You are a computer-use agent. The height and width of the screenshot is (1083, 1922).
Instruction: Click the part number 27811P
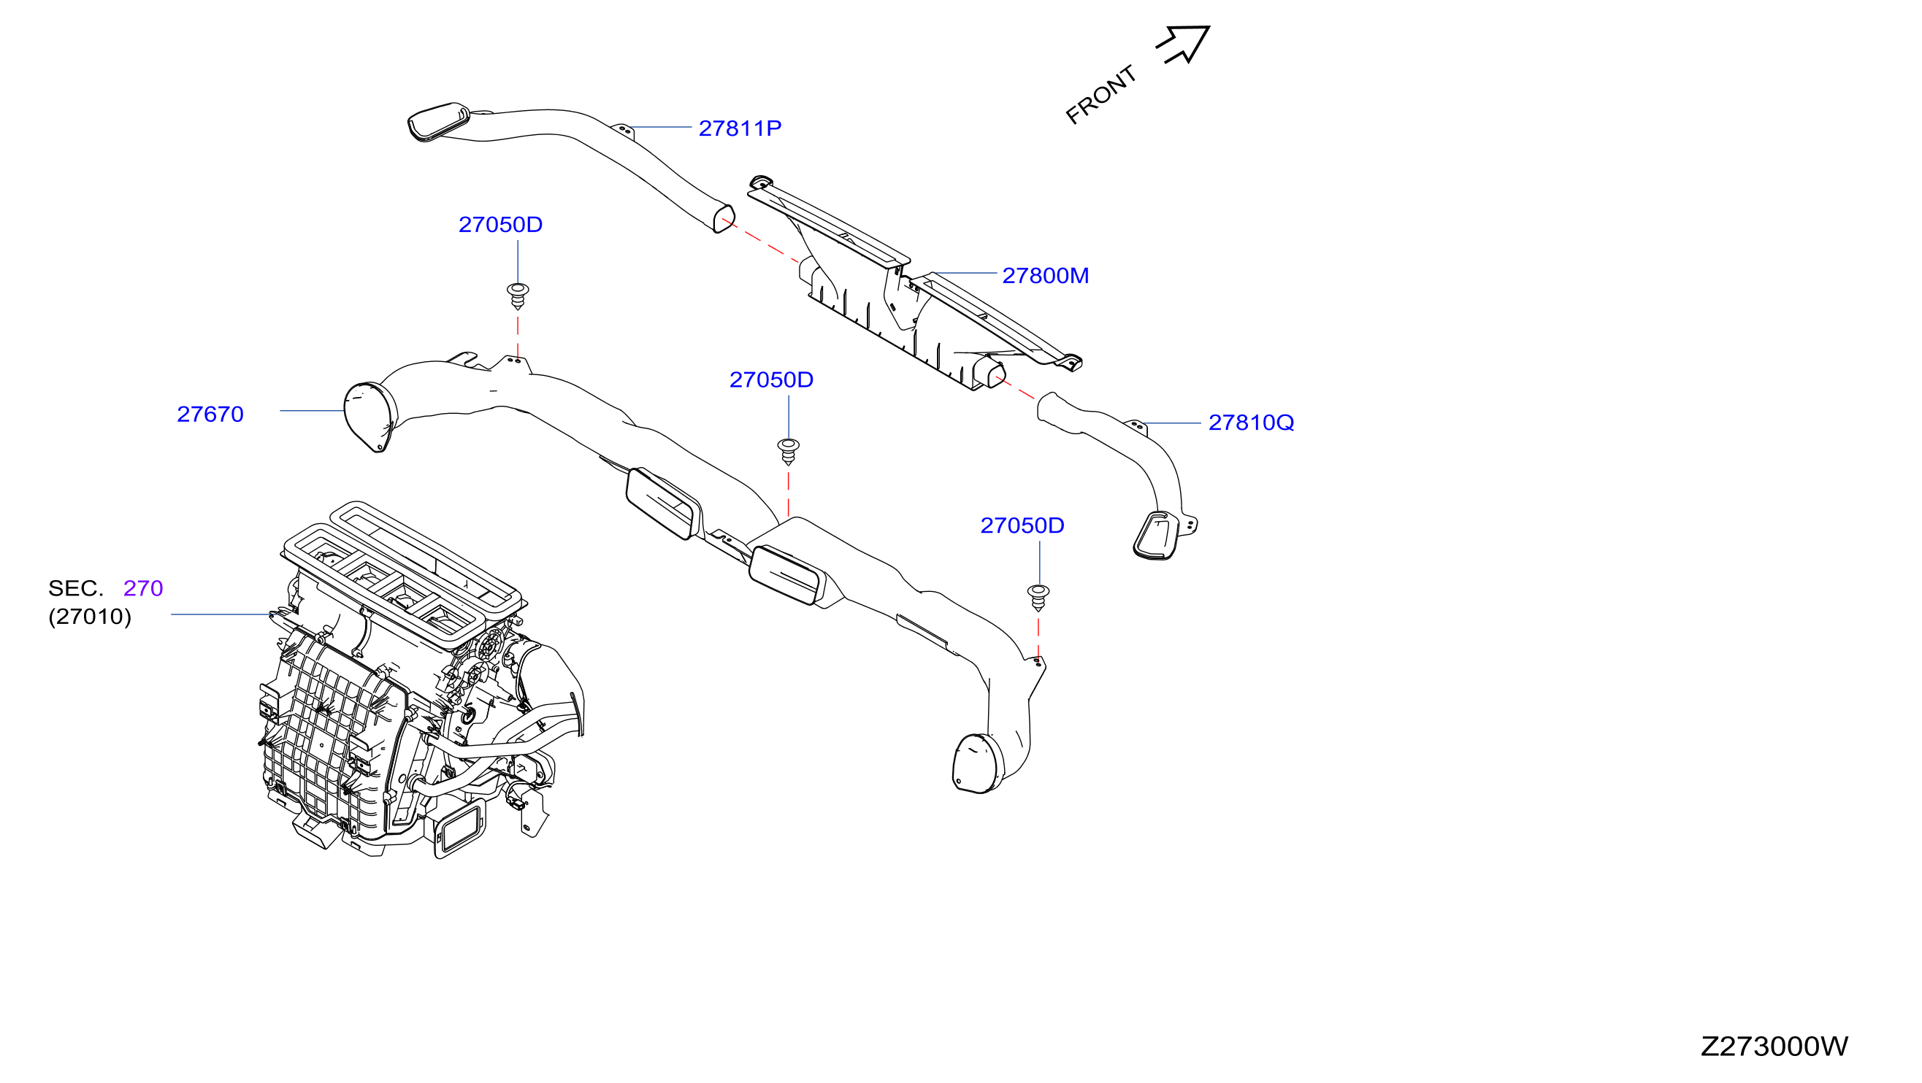740,128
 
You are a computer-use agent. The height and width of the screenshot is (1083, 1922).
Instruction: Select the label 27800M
1045,276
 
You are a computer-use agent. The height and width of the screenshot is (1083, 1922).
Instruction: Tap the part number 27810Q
1250,423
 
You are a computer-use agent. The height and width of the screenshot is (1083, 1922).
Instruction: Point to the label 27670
210,414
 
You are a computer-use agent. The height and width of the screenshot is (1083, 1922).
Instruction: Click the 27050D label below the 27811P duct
500,225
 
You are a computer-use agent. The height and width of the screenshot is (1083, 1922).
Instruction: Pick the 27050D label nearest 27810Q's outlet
1022,526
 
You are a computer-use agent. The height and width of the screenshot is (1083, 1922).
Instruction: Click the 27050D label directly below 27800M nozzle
770,379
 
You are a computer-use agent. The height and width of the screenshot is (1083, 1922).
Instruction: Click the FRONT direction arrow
1182,44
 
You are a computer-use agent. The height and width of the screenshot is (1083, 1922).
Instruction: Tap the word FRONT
1100,95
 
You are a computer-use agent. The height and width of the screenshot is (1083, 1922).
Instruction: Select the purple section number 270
143,588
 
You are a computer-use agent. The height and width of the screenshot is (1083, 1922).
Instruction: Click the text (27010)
90,617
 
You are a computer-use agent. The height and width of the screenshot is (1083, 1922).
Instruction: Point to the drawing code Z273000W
1774,1047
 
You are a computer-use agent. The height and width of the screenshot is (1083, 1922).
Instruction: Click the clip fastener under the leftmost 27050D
518,296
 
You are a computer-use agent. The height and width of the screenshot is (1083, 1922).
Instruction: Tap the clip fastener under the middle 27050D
789,451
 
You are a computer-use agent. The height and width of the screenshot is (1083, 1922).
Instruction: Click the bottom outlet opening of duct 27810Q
1156,536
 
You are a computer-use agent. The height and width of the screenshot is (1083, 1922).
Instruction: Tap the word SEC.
75,588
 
